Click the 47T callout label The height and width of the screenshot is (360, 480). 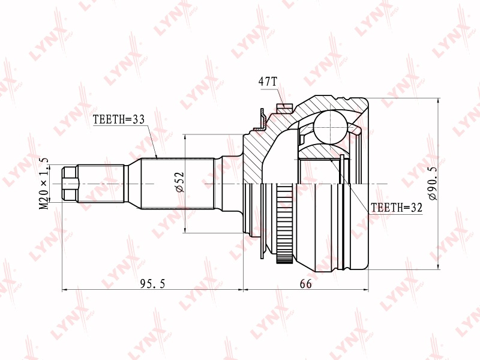click(268, 82)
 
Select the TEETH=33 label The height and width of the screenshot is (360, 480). click(118, 119)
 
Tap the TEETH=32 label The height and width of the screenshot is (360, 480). click(397, 208)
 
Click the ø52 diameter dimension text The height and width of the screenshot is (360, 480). click(179, 182)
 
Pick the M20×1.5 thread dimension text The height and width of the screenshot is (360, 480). click(44, 184)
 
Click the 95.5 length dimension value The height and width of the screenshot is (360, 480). click(152, 284)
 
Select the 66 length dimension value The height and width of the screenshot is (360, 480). click(305, 284)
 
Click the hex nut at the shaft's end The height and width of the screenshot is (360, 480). click(70, 184)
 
